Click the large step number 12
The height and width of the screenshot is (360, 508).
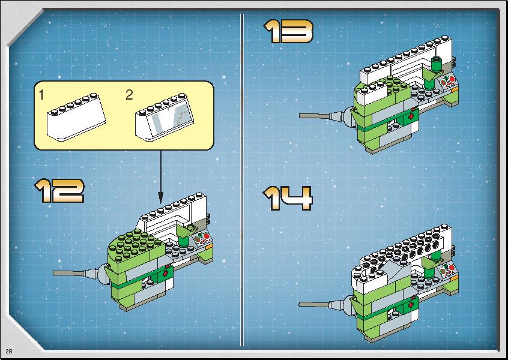point(59,191)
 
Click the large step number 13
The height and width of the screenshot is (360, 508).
point(288,31)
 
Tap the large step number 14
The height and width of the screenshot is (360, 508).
point(288,198)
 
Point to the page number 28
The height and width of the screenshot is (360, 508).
point(9,351)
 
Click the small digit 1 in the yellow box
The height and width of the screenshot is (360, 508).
point(41,95)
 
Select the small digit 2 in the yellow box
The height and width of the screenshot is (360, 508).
point(129,95)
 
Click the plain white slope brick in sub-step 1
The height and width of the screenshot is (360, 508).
point(76,116)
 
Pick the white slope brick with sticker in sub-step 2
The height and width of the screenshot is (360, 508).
point(165,117)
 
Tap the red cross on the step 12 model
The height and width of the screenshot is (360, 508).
point(166,274)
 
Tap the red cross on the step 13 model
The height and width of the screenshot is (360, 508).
point(411,116)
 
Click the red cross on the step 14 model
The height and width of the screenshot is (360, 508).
point(411,305)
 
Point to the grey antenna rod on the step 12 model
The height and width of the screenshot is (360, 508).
point(68,274)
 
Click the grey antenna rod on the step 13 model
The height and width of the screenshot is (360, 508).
point(314,116)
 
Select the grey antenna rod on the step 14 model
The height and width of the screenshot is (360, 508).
point(314,304)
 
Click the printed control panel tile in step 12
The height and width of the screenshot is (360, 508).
point(203,240)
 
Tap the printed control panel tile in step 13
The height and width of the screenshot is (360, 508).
point(449,82)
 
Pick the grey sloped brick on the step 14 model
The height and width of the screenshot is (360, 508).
point(397,270)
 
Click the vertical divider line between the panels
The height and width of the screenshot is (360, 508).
point(242,179)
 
